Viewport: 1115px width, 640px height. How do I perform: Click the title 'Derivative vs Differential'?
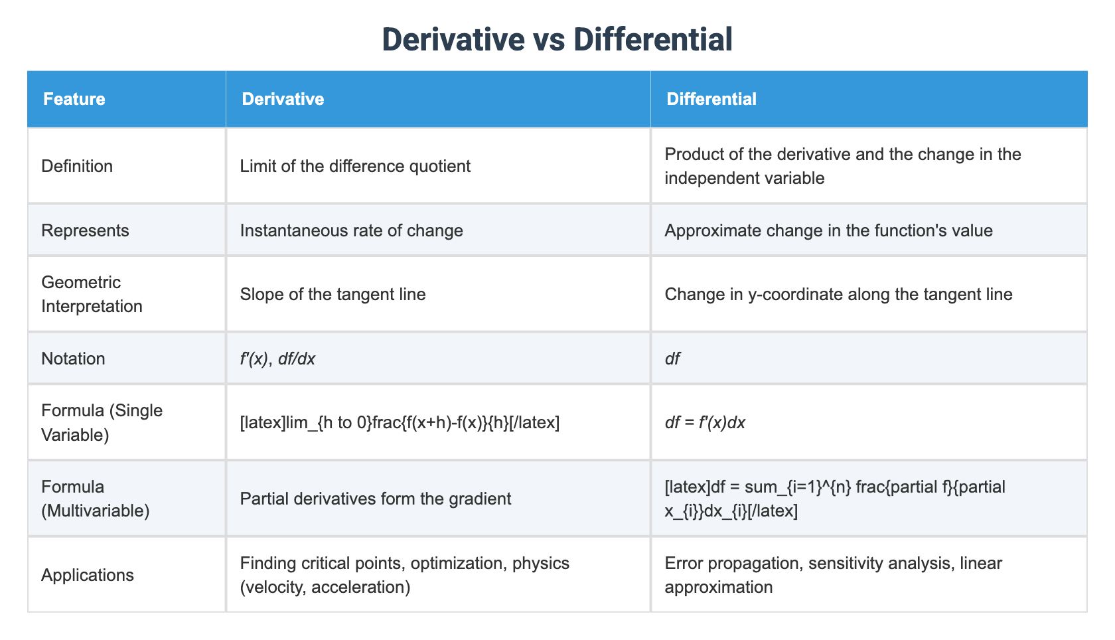[x=557, y=39]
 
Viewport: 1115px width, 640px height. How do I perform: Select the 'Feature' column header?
[x=74, y=99]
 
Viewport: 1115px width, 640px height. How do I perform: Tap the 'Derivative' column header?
[x=283, y=99]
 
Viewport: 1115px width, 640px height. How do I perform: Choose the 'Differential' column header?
[x=711, y=99]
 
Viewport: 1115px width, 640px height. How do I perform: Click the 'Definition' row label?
[x=77, y=166]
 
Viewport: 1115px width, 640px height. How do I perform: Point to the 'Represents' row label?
[x=85, y=230]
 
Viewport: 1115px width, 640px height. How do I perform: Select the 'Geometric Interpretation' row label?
[x=92, y=294]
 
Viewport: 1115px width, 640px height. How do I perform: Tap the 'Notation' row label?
[x=73, y=359]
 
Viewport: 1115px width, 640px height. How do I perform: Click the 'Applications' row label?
[x=88, y=575]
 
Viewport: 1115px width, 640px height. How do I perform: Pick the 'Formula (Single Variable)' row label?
[x=102, y=422]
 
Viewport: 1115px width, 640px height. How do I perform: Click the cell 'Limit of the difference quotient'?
[x=355, y=166]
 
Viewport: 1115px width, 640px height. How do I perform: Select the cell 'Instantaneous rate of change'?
[x=351, y=230]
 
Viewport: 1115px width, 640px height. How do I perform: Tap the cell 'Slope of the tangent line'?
[x=333, y=294]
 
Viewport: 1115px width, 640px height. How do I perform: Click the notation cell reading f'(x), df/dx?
[x=277, y=359]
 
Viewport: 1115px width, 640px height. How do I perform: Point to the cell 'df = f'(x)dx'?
[x=705, y=422]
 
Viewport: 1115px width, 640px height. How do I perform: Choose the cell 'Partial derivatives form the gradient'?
[x=376, y=499]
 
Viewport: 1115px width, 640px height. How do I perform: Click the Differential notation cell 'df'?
[x=672, y=359]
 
